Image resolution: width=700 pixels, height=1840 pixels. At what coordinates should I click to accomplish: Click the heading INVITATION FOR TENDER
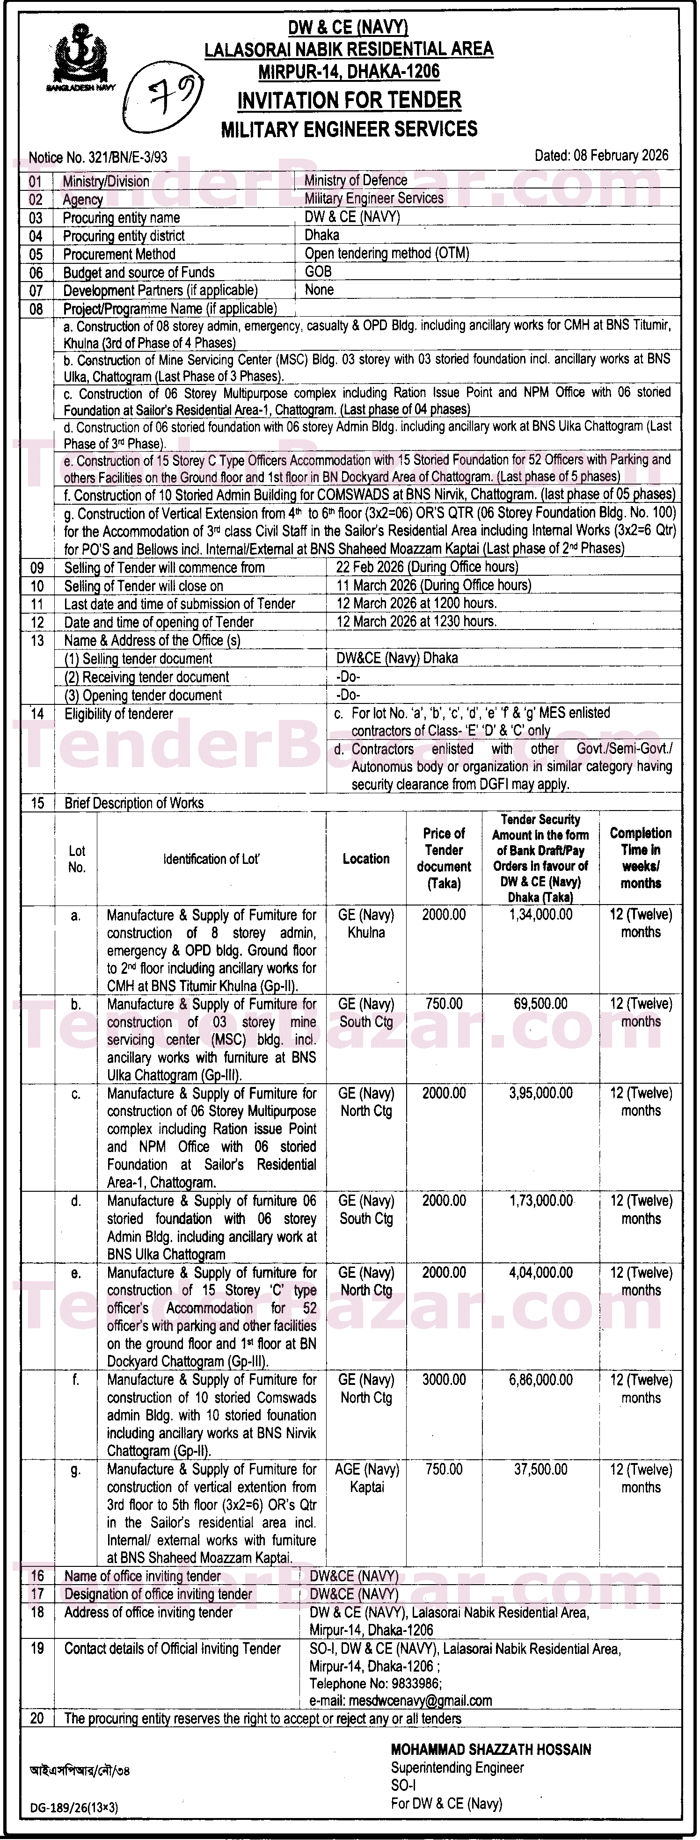[x=349, y=101]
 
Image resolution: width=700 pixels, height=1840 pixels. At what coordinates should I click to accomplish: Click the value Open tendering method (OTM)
[x=386, y=254]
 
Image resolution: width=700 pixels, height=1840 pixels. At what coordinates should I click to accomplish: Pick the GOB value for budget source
[x=319, y=271]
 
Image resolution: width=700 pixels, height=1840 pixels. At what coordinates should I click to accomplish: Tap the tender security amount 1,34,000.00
[x=541, y=915]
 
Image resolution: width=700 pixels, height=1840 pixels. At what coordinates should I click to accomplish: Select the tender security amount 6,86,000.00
[x=541, y=1380]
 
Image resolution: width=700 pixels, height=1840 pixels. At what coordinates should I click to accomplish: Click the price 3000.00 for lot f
[x=444, y=1380]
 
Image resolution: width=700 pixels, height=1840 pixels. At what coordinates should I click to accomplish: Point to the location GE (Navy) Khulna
[x=366, y=924]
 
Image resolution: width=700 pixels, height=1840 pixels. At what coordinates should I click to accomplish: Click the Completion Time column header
[x=641, y=858]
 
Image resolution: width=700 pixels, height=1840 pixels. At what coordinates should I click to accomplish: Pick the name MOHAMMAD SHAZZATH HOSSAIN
[x=491, y=1749]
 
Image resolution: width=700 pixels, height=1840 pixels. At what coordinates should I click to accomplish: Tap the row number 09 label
[x=37, y=568]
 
